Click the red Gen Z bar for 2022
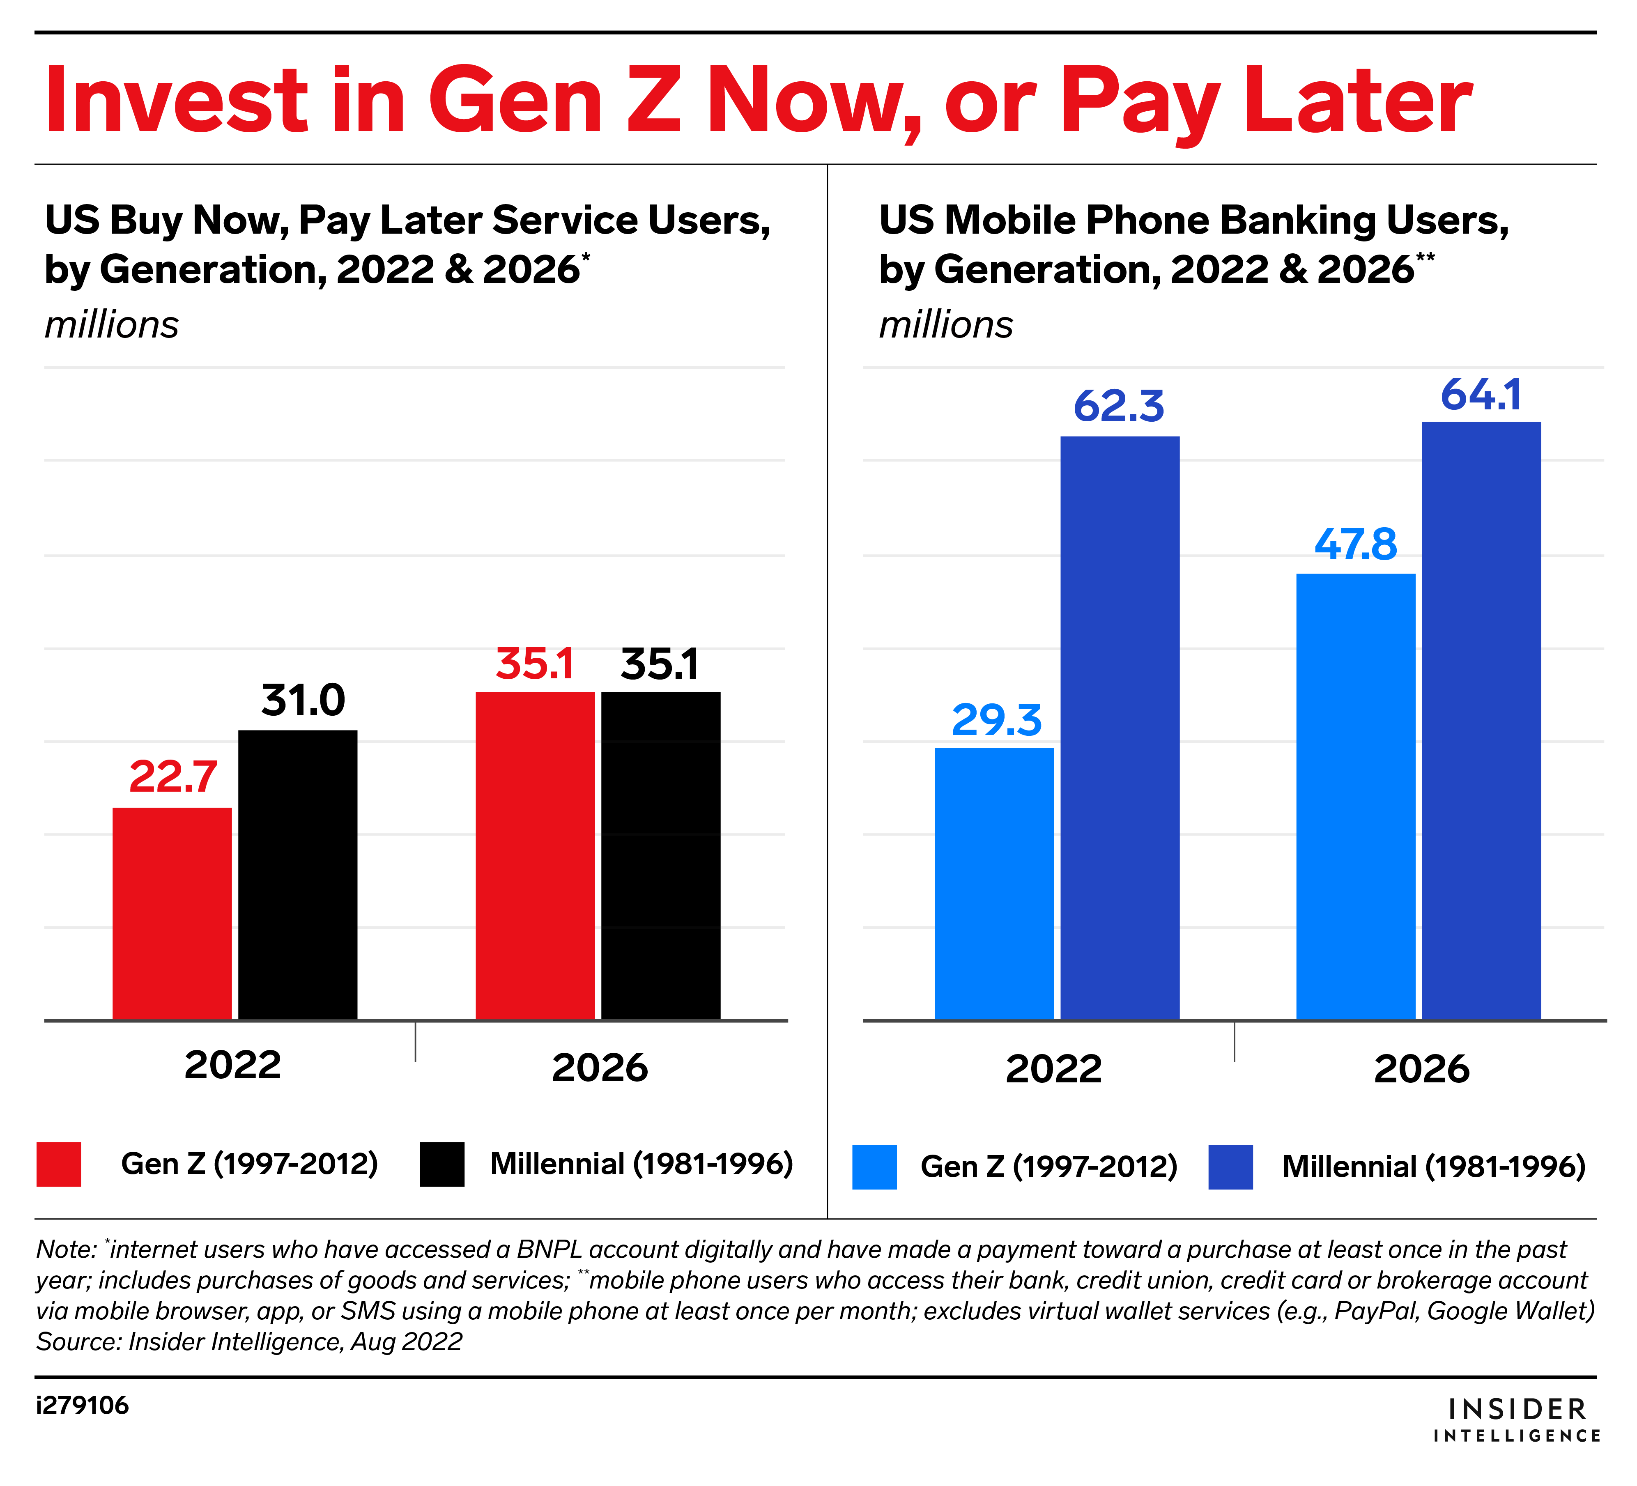172,914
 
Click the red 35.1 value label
535,664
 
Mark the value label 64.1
1481,395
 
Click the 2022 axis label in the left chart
232,1065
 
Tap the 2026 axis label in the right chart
1421,1069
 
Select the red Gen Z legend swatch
58,1164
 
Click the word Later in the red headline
1358,101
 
